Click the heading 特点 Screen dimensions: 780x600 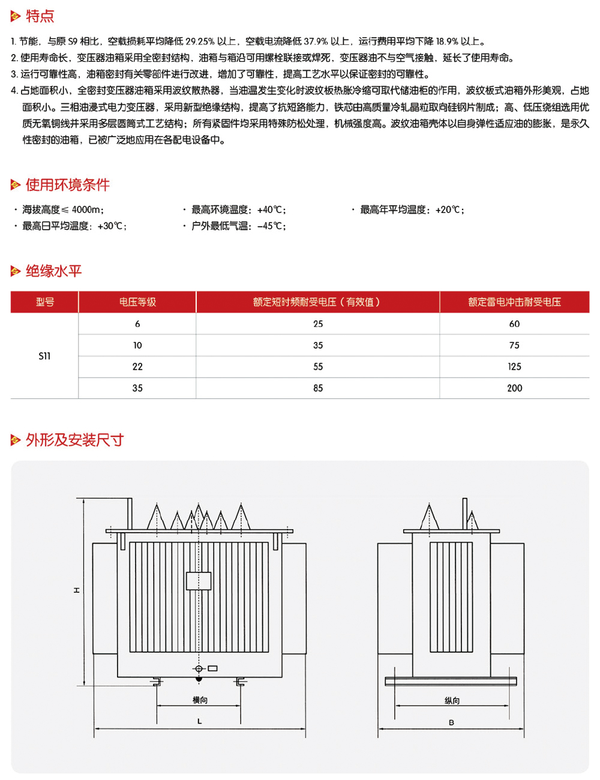click(40, 17)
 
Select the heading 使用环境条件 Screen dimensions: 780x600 click(67, 185)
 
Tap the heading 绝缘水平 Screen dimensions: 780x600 click(53, 271)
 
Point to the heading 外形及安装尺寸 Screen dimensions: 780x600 click(74, 440)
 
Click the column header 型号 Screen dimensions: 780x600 click(44, 302)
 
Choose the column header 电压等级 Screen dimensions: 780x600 click(137, 302)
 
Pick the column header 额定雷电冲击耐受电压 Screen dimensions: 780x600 click(514, 302)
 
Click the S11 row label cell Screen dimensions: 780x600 click(44, 356)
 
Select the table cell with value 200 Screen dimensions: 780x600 click(514, 388)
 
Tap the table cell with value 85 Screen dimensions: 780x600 click(318, 388)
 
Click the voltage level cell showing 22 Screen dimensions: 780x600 click(137, 367)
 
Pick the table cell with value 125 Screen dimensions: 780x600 click(514, 367)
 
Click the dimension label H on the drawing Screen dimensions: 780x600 click(77, 590)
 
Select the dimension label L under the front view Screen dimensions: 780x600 click(200, 721)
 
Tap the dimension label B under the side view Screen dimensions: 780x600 click(451, 722)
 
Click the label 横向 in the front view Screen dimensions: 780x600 click(200, 700)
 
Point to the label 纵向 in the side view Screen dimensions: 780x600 click(452, 701)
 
